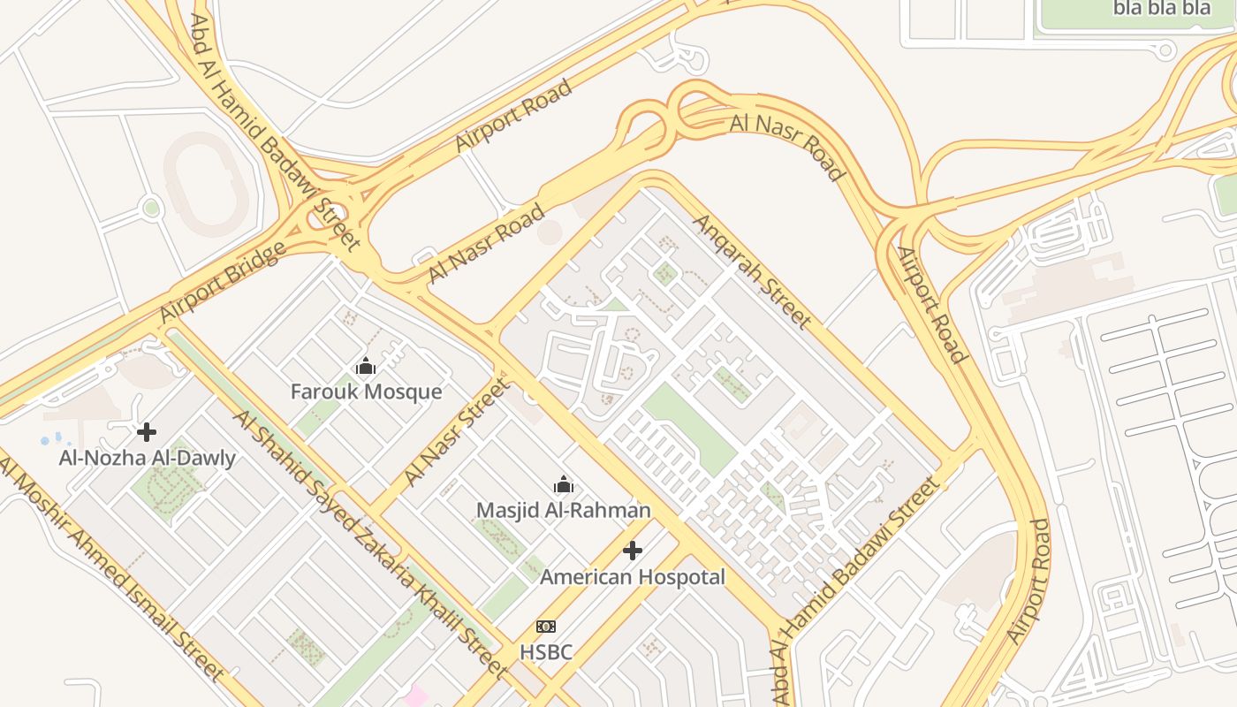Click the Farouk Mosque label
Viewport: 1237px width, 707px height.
pyautogui.click(x=366, y=392)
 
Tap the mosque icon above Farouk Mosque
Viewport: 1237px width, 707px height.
pyautogui.click(x=366, y=366)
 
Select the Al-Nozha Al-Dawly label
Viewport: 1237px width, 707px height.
pyautogui.click(x=147, y=458)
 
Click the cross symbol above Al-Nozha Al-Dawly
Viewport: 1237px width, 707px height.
pyautogui.click(x=147, y=432)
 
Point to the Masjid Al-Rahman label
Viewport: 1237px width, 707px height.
pyautogui.click(x=563, y=510)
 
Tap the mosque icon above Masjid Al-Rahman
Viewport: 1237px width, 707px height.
pyautogui.click(x=563, y=484)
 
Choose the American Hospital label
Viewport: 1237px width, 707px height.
pyautogui.click(x=632, y=577)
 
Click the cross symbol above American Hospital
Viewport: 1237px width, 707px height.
pyautogui.click(x=632, y=551)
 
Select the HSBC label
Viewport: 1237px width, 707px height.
pyautogui.click(x=545, y=652)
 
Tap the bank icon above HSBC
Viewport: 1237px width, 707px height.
pyautogui.click(x=545, y=627)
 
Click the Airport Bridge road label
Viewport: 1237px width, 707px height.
pyautogui.click(x=222, y=282)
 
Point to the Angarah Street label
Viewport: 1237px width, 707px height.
pyautogui.click(x=751, y=270)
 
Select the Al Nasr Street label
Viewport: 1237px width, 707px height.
pyautogui.click(x=457, y=432)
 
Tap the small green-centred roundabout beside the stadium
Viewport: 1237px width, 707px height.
pyautogui.click(x=151, y=209)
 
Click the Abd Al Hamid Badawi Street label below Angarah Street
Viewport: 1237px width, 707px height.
pyautogui.click(x=855, y=590)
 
